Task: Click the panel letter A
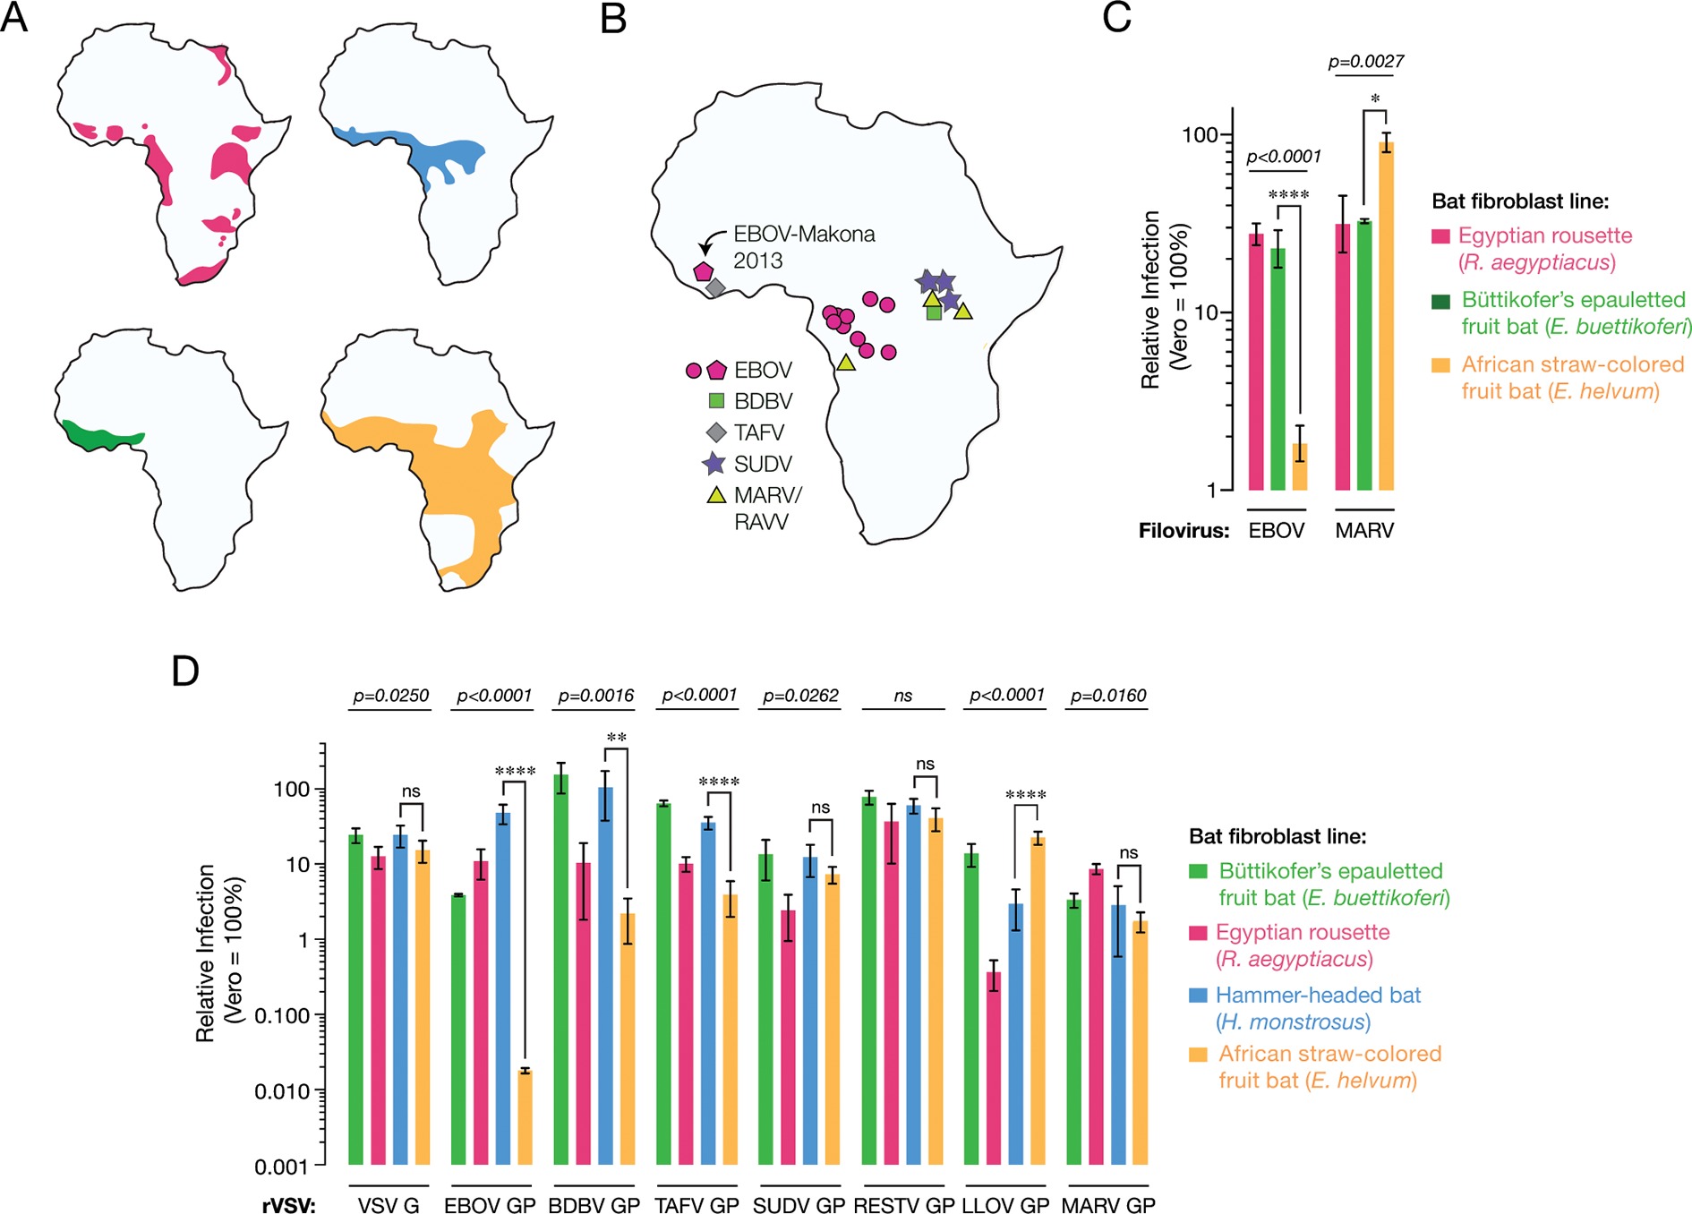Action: pos(14,18)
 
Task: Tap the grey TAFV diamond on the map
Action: pos(715,288)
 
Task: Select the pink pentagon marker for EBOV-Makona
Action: pos(703,271)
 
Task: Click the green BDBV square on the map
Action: pos(934,312)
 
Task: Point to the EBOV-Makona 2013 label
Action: pos(803,247)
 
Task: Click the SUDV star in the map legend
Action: pos(714,464)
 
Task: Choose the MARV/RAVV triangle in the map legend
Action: pos(716,495)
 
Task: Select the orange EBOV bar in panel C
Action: pos(1299,466)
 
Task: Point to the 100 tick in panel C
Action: pos(1200,136)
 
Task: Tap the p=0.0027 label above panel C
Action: pos(1365,62)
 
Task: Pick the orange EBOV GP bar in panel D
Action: pos(525,1116)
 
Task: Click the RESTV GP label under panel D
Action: pos(903,1205)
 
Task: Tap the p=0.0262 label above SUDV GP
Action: pos(800,696)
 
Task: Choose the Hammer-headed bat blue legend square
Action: pos(1198,996)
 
